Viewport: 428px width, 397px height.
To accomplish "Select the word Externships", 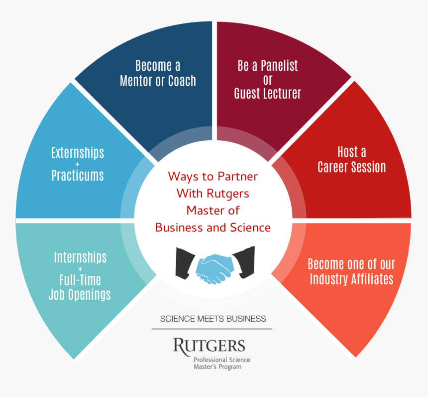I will tap(78, 152).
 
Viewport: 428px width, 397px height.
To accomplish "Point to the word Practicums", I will tap(78, 175).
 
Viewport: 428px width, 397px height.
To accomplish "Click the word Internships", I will tap(80, 257).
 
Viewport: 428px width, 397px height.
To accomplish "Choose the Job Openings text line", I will tap(80, 294).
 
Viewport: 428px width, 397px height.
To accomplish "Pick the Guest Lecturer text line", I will tap(268, 93).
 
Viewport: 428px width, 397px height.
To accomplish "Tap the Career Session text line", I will tap(352, 167).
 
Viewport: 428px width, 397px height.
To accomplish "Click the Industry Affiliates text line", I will tap(351, 278).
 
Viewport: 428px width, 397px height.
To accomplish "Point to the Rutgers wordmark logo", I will tap(209, 345).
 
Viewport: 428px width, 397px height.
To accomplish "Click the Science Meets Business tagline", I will tap(213, 319).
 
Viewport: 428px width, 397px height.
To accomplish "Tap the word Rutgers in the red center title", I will tap(226, 193).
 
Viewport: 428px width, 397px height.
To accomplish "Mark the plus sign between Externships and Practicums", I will tap(78, 164).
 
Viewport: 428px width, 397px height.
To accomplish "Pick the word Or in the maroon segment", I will tap(267, 80).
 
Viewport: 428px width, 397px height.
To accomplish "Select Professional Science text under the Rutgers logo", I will tap(222, 360).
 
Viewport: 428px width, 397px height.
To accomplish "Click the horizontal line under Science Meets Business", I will tap(212, 329).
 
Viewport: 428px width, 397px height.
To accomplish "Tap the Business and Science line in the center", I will tap(213, 227).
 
